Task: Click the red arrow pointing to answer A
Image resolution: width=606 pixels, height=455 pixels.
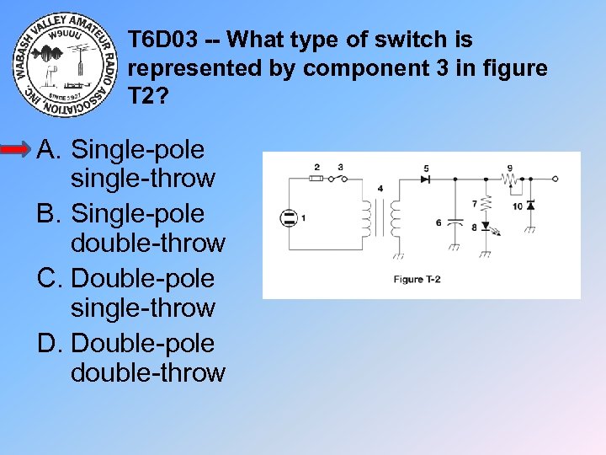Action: (17, 150)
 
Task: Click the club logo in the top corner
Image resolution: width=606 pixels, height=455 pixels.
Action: (65, 66)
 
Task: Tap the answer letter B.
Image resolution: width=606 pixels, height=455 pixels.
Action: (49, 214)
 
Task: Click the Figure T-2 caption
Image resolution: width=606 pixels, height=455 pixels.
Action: (418, 280)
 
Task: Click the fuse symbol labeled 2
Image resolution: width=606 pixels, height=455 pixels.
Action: (316, 179)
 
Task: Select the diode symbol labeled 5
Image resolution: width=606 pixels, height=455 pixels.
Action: (426, 179)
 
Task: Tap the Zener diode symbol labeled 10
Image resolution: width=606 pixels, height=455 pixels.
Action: (530, 205)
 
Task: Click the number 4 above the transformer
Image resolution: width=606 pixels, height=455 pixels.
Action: (380, 189)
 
